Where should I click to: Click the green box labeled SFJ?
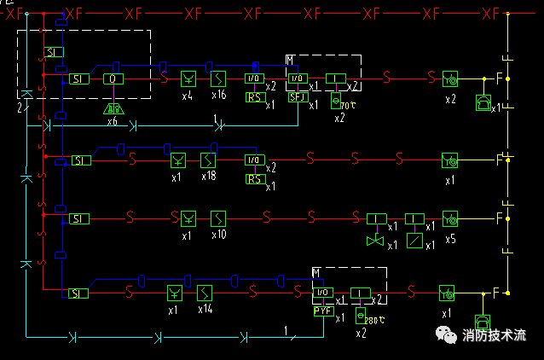pos(297,97)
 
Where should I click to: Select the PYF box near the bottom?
pos(322,311)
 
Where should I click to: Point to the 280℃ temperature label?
pos(372,320)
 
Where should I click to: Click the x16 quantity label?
pos(218,96)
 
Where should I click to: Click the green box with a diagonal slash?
pos(414,241)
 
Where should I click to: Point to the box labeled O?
pos(113,79)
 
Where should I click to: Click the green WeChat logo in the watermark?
pos(446,335)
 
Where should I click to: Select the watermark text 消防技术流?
pos(494,336)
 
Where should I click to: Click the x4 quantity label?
pos(188,96)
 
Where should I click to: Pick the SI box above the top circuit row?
pos(54,52)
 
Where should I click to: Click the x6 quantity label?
pos(113,122)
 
